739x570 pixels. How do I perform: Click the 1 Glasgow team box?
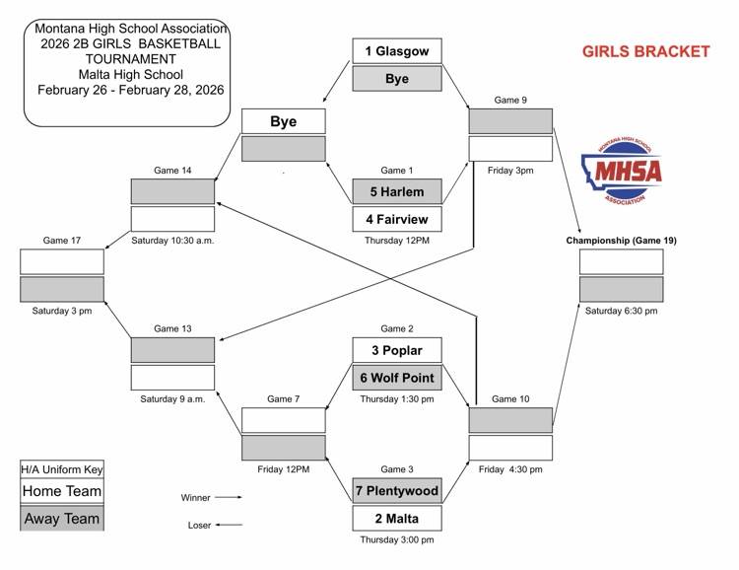tap(397, 51)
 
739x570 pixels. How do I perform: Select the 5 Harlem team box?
tap(397, 190)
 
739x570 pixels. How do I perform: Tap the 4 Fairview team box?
tap(397, 218)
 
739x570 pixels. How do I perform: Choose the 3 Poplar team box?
tap(397, 350)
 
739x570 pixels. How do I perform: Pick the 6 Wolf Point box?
tap(397, 377)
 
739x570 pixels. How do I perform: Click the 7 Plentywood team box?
tap(397, 490)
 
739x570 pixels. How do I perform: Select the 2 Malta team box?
tap(397, 518)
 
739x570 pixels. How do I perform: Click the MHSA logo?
tap(622, 170)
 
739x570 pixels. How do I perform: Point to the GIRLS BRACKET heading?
tap(645, 51)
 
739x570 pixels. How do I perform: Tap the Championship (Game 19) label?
tap(621, 241)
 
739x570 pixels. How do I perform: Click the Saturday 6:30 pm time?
tap(621, 311)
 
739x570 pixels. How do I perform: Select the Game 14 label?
tap(172, 171)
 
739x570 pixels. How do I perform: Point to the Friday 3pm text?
tap(509, 171)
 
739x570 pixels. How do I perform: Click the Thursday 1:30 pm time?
tap(397, 399)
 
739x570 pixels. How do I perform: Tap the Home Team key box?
tap(61, 491)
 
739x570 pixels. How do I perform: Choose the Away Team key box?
tap(61, 518)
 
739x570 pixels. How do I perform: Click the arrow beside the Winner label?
tap(228, 498)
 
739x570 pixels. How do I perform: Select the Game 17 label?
tap(61, 241)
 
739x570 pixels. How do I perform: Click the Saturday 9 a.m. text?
tap(172, 399)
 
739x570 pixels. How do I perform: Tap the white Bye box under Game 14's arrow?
tap(283, 122)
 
